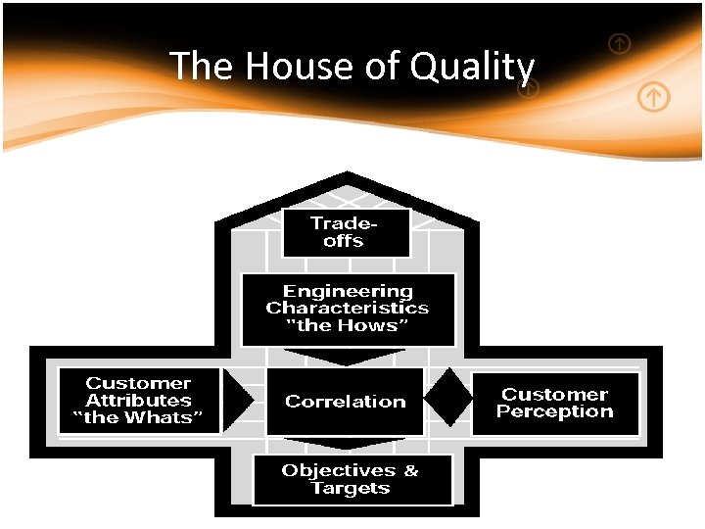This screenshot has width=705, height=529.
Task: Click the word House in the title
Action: click(286, 67)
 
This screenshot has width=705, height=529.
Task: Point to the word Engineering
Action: click(348, 291)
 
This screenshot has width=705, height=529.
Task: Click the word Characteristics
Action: click(348, 308)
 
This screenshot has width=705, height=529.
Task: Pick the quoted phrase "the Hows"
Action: click(348, 325)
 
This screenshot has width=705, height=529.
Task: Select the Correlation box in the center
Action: click(345, 402)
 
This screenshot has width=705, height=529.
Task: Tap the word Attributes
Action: click(138, 401)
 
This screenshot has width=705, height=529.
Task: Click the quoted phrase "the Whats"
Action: click(138, 418)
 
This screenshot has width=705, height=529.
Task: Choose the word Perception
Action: click(554, 411)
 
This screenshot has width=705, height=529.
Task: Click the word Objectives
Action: click(336, 470)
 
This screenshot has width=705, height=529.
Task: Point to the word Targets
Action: click(350, 488)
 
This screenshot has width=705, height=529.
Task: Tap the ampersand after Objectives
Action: click(410, 470)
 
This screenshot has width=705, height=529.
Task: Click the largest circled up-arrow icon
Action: click(654, 97)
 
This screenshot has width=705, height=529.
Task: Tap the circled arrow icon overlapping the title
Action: click(528, 89)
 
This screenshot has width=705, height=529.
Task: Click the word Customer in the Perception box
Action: click(554, 394)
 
